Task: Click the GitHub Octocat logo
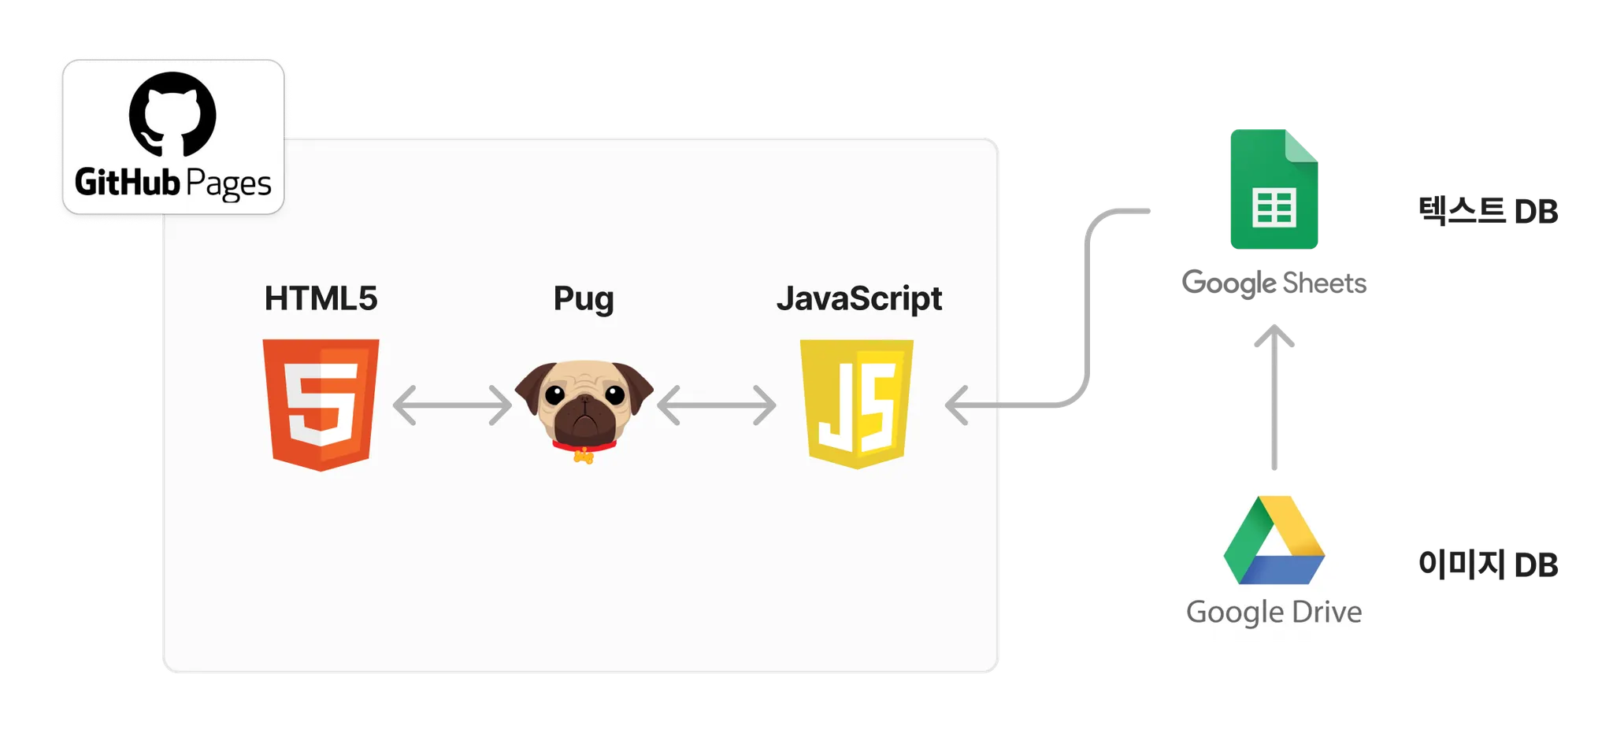point(172,114)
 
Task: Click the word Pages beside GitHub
point(228,184)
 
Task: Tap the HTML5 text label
point(321,298)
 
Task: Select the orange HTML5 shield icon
point(321,404)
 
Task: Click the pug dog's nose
point(584,401)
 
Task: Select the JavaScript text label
point(858,299)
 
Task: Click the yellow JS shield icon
point(857,403)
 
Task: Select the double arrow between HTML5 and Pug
point(452,405)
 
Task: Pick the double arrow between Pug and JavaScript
point(716,405)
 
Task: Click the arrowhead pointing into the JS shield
point(957,405)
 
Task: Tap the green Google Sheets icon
point(1274,189)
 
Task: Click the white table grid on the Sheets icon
point(1274,208)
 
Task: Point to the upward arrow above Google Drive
point(1273,394)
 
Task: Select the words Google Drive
point(1274,612)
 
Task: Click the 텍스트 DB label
point(1488,210)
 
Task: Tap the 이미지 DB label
point(1488,564)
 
